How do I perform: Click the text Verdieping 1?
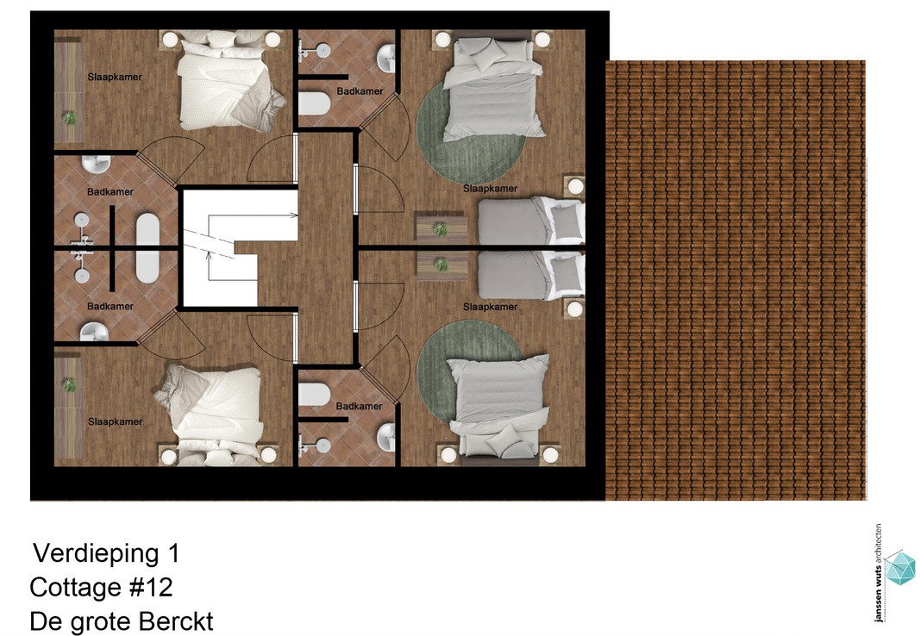tap(106, 553)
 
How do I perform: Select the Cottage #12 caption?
tap(102, 587)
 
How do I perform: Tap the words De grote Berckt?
tap(122, 621)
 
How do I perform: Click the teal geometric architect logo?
tap(900, 567)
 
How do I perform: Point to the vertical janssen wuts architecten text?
tap(878, 573)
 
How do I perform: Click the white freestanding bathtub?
tap(147, 248)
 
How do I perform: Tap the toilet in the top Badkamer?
tap(314, 103)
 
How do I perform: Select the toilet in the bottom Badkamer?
tap(314, 394)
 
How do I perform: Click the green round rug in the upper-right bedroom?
tap(470, 133)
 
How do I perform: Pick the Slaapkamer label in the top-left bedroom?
tap(115, 77)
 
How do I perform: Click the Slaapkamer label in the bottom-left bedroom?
tap(115, 421)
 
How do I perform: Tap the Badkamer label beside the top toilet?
tap(360, 91)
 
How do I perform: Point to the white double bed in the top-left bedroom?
tap(226, 79)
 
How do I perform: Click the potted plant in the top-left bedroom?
tap(70, 118)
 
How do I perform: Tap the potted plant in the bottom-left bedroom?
tap(70, 385)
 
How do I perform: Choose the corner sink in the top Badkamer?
tap(386, 59)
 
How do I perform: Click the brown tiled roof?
tap(735, 280)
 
